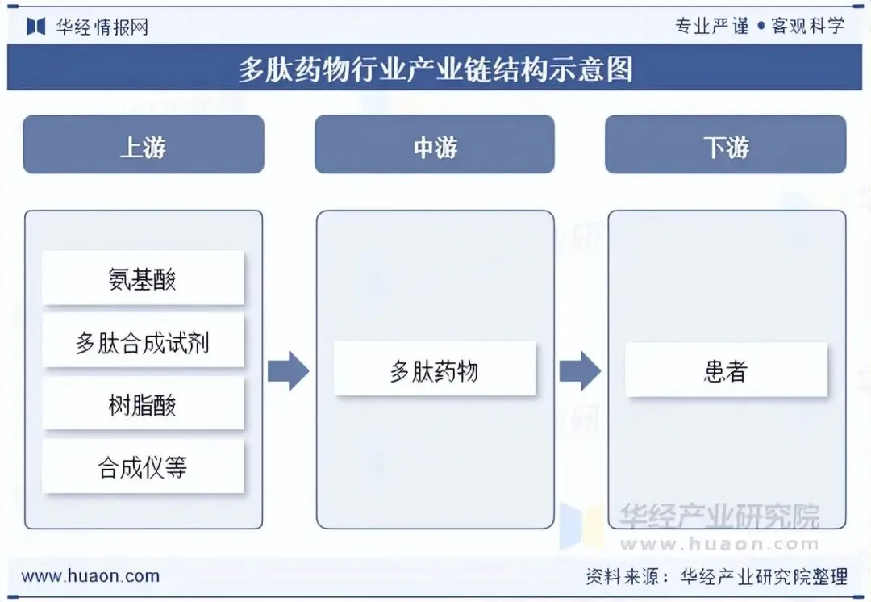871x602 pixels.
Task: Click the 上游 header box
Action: pyautogui.click(x=144, y=144)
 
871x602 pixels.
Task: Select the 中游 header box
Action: pyautogui.click(x=435, y=144)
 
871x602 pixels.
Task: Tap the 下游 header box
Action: pyautogui.click(x=726, y=144)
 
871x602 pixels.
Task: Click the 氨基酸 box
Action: pyautogui.click(x=143, y=278)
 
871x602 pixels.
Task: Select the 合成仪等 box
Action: pyautogui.click(x=143, y=466)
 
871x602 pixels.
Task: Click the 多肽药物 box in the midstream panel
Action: pyautogui.click(x=435, y=370)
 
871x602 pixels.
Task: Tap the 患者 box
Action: pyautogui.click(x=726, y=370)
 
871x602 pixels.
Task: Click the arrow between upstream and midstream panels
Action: pyautogui.click(x=288, y=371)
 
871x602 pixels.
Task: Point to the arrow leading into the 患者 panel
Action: pyautogui.click(x=580, y=371)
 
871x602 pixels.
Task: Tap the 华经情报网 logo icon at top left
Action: pyautogui.click(x=36, y=26)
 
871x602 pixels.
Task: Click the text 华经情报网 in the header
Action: pyautogui.click(x=102, y=26)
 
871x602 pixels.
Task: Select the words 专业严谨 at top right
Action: pyautogui.click(x=712, y=25)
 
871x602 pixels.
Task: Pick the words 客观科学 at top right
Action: pyautogui.click(x=807, y=25)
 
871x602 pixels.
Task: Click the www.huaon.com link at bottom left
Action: pyautogui.click(x=90, y=576)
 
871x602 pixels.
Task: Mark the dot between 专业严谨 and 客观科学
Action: pyautogui.click(x=761, y=26)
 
